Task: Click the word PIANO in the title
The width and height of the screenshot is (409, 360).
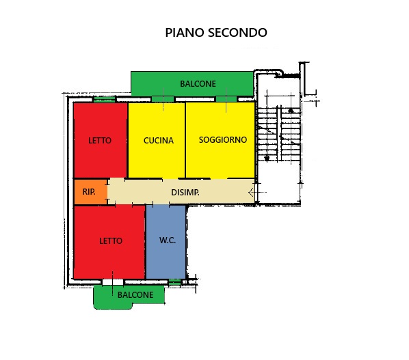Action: pyautogui.click(x=185, y=33)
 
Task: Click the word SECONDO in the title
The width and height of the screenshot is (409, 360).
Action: pyautogui.click(x=237, y=33)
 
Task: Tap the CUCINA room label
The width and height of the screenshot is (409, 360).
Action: pyautogui.click(x=159, y=141)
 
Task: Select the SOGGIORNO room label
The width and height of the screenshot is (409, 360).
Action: pyautogui.click(x=223, y=140)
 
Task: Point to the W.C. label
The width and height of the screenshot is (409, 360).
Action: pyautogui.click(x=168, y=240)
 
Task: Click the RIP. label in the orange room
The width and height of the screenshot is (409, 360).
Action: pyautogui.click(x=89, y=192)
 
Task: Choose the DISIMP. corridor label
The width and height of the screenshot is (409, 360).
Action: pyautogui.click(x=185, y=193)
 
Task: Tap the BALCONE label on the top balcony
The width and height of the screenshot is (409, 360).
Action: pyautogui.click(x=198, y=84)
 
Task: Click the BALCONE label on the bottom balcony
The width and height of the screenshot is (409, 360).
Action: pyautogui.click(x=135, y=295)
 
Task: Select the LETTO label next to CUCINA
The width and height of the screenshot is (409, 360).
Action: pyautogui.click(x=100, y=141)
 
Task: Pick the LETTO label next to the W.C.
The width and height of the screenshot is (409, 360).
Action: pyautogui.click(x=111, y=241)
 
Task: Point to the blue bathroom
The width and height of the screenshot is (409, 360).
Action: pyautogui.click(x=166, y=242)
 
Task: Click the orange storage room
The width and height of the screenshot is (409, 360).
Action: pyautogui.click(x=91, y=192)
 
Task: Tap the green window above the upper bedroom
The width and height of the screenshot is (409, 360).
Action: pyautogui.click(x=105, y=99)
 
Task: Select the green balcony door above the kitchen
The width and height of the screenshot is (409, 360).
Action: pyautogui.click(x=163, y=99)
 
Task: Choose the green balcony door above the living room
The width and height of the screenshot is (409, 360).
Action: pyautogui.click(x=226, y=99)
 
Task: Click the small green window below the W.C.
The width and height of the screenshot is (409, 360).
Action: pyautogui.click(x=174, y=282)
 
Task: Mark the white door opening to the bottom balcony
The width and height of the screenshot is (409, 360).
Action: pyautogui.click(x=113, y=282)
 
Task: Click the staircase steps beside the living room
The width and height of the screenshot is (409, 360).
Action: pyautogui.click(x=278, y=135)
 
